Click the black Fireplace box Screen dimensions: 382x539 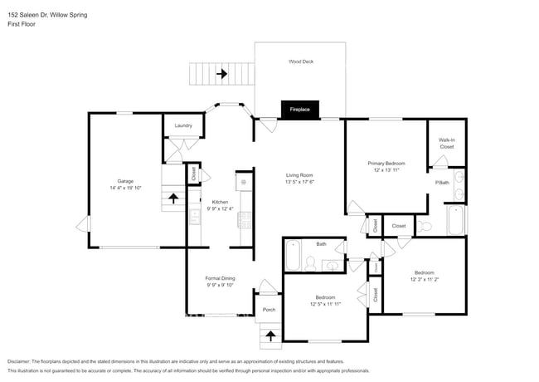[x=299, y=110]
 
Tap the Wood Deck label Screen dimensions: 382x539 [x=300, y=61]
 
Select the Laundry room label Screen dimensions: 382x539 [x=183, y=125]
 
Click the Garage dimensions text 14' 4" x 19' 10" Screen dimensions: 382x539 [x=125, y=188]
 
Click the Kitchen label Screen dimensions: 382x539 [x=220, y=202]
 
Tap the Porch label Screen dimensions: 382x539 [x=269, y=310]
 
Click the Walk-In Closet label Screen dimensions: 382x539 [x=446, y=143]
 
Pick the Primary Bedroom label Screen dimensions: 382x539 [x=386, y=164]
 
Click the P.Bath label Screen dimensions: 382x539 [x=442, y=182]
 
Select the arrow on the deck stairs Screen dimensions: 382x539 [x=221, y=74]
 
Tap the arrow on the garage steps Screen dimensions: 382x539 [x=172, y=198]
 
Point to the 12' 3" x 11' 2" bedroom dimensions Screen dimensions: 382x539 [x=423, y=279]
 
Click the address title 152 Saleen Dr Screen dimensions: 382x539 [x=46, y=15]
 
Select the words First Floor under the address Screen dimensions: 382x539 [x=22, y=24]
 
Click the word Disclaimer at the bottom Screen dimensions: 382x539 [x=22, y=361]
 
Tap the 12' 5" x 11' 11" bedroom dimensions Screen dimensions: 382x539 [x=324, y=304]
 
